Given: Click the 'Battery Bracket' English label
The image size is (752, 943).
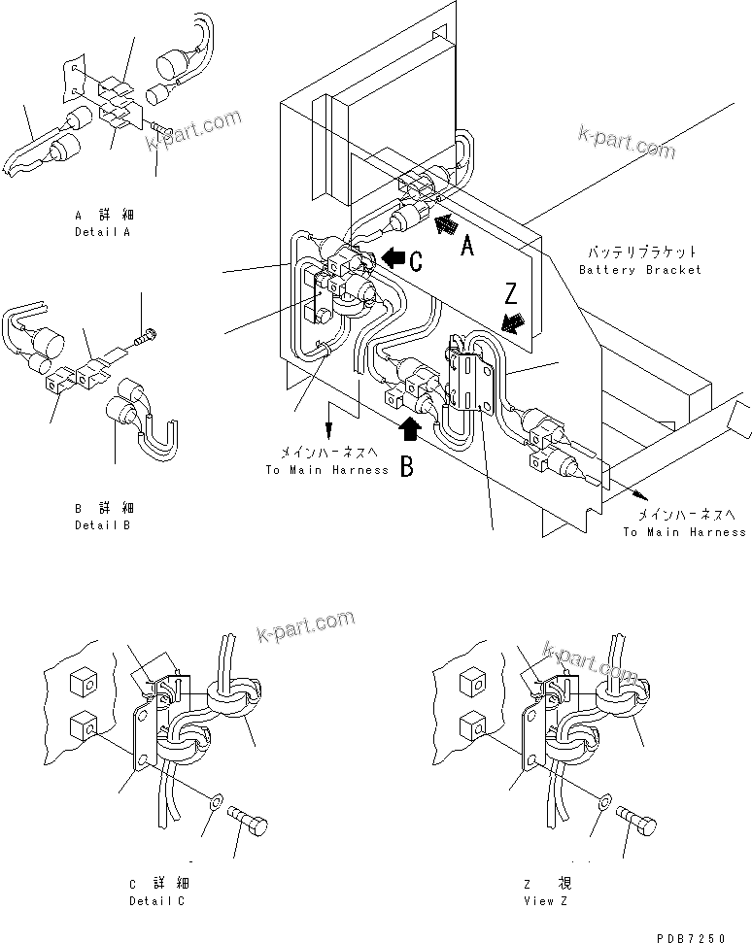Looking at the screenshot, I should tap(639, 269).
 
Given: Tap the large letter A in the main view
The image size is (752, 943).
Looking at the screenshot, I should tap(466, 247).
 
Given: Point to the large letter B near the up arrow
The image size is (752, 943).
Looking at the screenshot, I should tap(407, 467).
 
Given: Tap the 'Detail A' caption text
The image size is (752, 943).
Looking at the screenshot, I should tap(102, 232).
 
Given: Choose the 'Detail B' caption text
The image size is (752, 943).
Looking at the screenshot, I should tap(102, 524).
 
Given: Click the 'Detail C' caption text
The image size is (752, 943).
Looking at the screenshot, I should tap(156, 901).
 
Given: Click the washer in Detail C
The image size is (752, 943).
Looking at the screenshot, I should tap(213, 802).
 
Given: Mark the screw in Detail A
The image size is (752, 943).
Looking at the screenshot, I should tap(161, 127).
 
